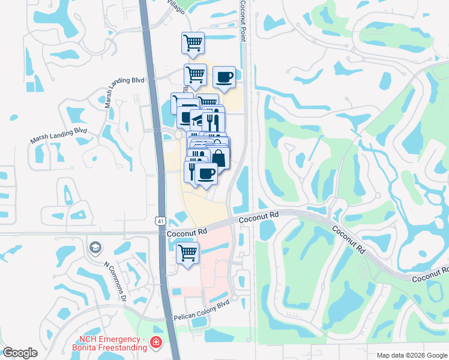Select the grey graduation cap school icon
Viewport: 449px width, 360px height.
click(95, 247)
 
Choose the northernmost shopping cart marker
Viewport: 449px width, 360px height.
click(193, 43)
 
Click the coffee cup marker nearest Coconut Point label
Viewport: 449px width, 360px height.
click(224, 77)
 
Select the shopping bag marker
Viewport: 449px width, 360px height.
click(218, 158)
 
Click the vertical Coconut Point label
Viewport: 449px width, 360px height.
click(244, 22)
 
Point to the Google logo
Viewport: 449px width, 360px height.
click(20, 353)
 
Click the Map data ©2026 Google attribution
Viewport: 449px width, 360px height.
click(410, 355)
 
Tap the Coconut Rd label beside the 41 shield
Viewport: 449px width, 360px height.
click(187, 231)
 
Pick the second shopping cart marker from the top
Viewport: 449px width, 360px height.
click(195, 74)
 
